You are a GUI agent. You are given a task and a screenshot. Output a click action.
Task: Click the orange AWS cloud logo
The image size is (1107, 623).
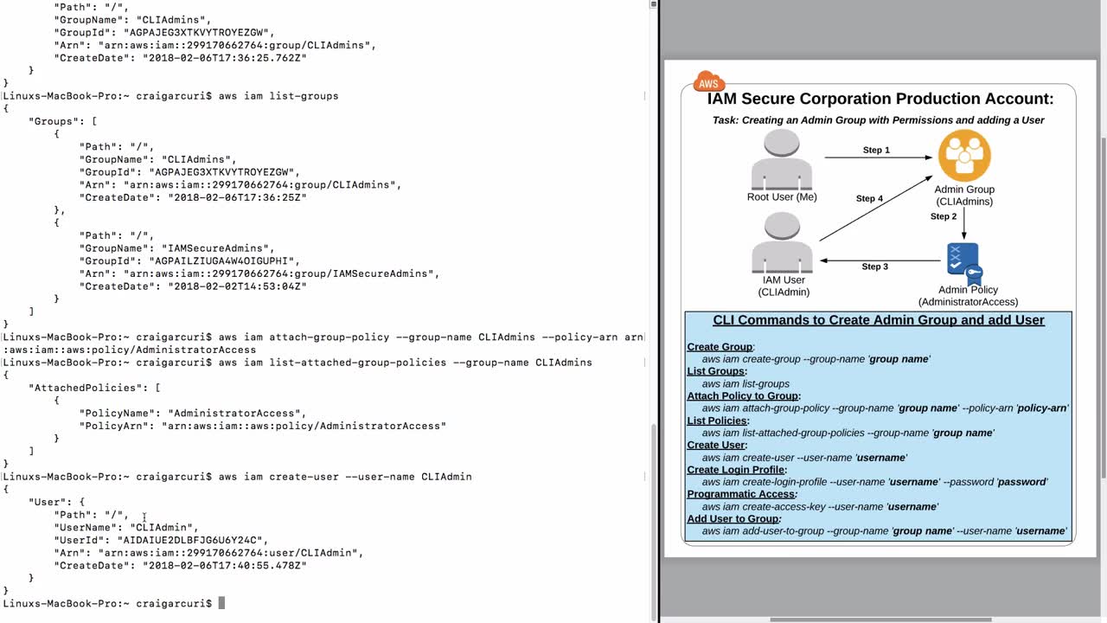point(708,82)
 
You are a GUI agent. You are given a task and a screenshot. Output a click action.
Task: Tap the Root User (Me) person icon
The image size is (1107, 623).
point(782,160)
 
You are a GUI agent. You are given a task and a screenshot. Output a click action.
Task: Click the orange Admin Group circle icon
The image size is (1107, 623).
point(964,156)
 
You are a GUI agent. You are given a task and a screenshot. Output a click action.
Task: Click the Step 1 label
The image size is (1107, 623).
point(876,151)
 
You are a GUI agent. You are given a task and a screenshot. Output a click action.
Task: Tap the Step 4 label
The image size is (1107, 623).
point(869,199)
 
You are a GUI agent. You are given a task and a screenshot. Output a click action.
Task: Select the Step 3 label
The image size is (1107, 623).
point(874,267)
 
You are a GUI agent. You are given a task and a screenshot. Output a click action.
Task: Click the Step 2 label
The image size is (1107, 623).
point(944,216)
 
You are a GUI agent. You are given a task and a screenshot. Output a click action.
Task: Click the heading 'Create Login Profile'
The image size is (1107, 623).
point(736,470)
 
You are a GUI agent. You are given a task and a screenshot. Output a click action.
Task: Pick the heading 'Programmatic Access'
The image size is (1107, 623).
point(741,494)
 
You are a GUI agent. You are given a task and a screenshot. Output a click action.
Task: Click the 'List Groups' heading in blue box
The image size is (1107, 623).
point(716,371)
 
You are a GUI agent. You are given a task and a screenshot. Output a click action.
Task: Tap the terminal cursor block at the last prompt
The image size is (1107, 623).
point(221,603)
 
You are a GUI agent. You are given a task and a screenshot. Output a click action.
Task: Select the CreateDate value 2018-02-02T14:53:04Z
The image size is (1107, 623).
point(237,286)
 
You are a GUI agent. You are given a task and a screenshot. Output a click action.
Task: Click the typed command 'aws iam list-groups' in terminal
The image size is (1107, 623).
point(278,96)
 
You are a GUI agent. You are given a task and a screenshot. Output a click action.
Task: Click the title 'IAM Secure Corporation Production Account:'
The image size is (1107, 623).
point(880,99)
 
